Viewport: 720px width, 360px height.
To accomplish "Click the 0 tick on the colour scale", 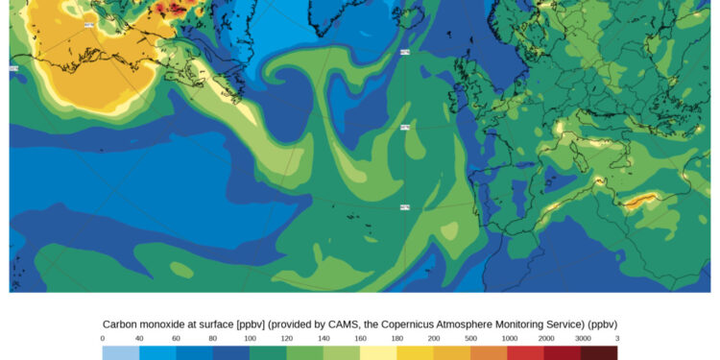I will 103,338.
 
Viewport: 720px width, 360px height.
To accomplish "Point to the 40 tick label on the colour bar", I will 139,338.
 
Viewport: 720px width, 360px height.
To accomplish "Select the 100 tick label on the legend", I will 251,338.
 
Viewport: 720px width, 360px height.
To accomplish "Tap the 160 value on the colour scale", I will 361,338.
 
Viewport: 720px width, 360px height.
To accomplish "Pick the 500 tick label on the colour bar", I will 471,338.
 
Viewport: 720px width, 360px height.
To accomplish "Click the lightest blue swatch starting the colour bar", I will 121,353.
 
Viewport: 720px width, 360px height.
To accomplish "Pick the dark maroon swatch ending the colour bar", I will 599,353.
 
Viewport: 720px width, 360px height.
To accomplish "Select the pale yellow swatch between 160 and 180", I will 379,353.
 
